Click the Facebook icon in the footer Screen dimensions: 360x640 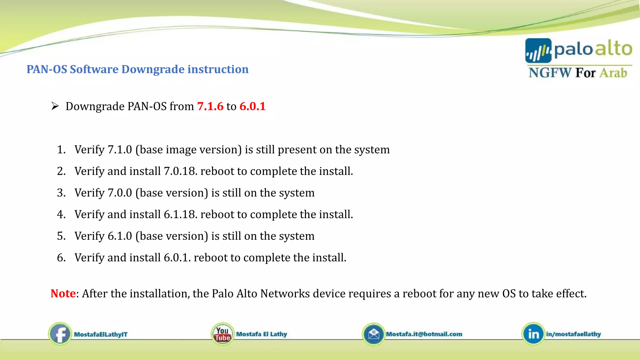pos(60,334)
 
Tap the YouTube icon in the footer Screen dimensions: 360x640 pos(222,334)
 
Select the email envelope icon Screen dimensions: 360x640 pos(373,334)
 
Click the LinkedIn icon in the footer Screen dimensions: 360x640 pos(533,334)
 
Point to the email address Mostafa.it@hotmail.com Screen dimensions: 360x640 pos(424,334)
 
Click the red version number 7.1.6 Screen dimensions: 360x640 pos(210,107)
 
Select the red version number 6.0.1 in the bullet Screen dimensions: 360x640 pos(252,107)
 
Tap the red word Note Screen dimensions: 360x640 pos(63,293)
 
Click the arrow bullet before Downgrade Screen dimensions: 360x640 pos(55,106)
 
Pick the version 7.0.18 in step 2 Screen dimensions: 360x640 pos(180,171)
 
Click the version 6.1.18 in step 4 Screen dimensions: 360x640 pos(180,214)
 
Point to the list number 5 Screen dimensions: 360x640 pos(61,236)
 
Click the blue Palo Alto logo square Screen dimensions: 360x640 pos(538,51)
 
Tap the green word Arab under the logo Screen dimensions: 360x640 pos(613,73)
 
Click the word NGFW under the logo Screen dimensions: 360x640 pos(550,73)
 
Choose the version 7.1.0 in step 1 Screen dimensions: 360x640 pos(120,150)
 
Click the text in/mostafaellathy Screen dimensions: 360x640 pos(573,334)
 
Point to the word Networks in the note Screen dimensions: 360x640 pos(285,293)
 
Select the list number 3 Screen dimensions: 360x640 pos(61,193)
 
